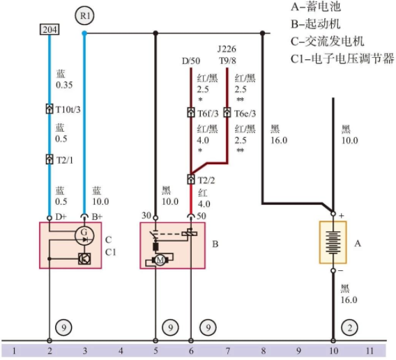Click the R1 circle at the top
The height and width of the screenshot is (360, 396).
tap(84, 15)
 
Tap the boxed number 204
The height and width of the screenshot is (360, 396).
tap(49, 29)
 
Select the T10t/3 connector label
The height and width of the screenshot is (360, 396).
tap(68, 109)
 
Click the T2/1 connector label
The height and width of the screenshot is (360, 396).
tap(65, 160)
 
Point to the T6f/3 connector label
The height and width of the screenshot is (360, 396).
tap(208, 114)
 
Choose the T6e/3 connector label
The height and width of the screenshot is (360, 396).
tap(245, 114)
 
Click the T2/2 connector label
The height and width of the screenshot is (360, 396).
tap(206, 180)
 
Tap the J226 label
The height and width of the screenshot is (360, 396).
tap(227, 49)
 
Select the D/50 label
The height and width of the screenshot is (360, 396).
tap(191, 61)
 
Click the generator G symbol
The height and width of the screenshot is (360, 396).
tap(84, 235)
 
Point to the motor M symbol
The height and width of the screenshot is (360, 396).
tap(160, 260)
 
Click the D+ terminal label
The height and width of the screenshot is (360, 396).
tap(61, 217)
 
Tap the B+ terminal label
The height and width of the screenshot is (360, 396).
tap(97, 217)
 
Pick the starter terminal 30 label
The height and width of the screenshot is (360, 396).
tap(146, 216)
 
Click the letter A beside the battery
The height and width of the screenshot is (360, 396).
tap(358, 243)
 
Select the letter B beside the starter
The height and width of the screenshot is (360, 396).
tap(215, 244)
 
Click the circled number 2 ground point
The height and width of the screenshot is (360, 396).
tap(349, 328)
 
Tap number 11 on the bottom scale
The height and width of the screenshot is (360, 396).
tap(370, 351)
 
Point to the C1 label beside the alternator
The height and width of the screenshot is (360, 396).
tap(110, 252)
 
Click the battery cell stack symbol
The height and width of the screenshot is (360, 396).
tap(333, 242)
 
